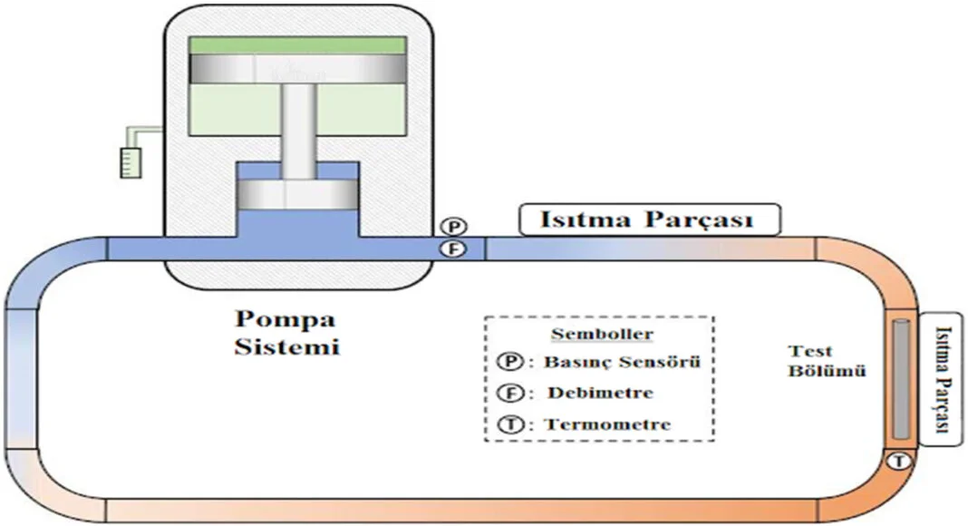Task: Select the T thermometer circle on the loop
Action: (899, 461)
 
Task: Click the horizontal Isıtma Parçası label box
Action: (648, 219)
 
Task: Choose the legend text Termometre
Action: (607, 424)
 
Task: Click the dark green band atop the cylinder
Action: (296, 45)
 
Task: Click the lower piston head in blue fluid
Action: (296, 194)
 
